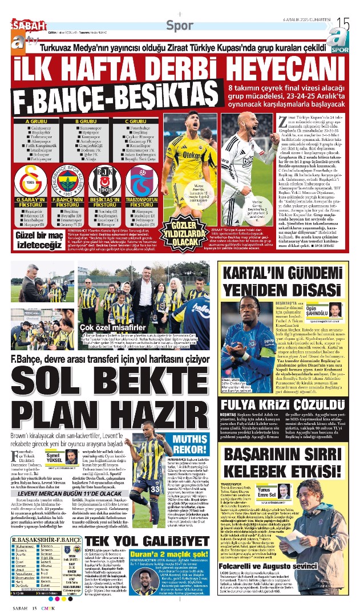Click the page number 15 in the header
[343, 23]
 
